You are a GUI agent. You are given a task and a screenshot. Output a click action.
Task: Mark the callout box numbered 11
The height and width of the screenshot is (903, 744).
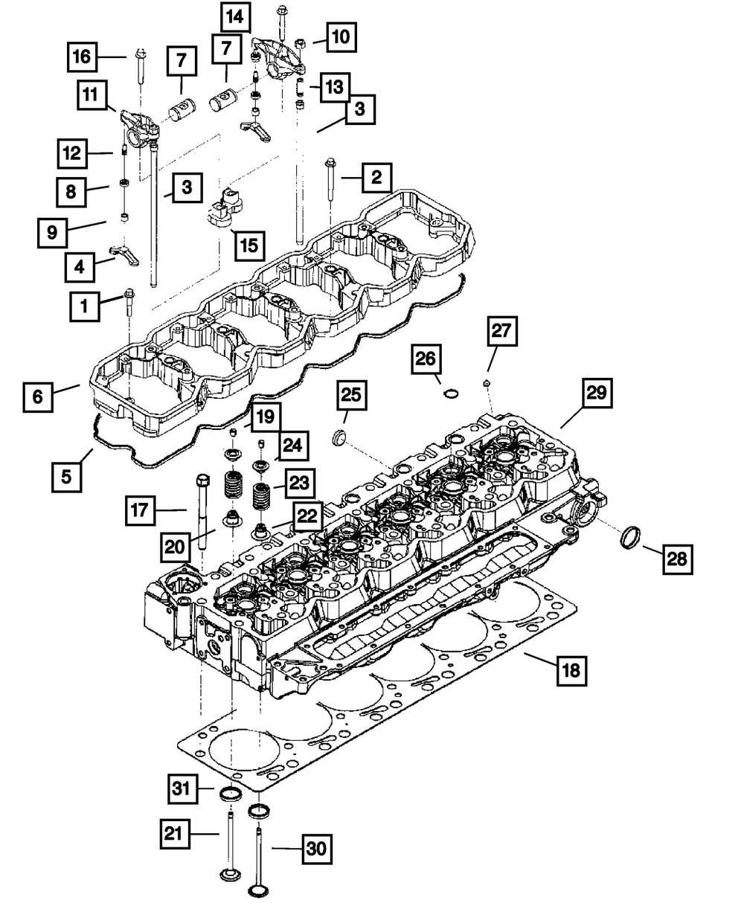[92, 95]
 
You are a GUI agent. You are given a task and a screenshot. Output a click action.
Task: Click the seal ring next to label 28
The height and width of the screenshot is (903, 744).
[632, 536]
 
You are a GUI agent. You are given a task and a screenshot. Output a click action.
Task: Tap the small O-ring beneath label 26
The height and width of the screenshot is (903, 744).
[450, 393]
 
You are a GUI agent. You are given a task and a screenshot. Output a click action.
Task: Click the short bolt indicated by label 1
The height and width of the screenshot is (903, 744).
[129, 303]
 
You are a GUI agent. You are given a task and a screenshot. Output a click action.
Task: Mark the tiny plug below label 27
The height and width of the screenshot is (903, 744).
[486, 383]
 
